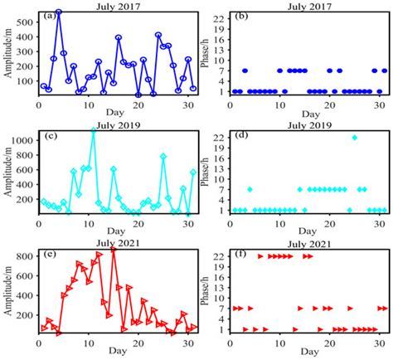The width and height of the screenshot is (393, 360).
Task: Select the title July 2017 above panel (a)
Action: (116, 6)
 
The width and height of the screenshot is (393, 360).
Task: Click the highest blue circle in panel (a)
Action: (59, 12)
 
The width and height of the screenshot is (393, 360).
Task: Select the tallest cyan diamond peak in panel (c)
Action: (93, 130)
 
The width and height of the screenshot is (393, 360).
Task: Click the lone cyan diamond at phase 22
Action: (355, 137)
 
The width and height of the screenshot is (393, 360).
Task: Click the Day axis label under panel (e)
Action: (116, 353)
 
